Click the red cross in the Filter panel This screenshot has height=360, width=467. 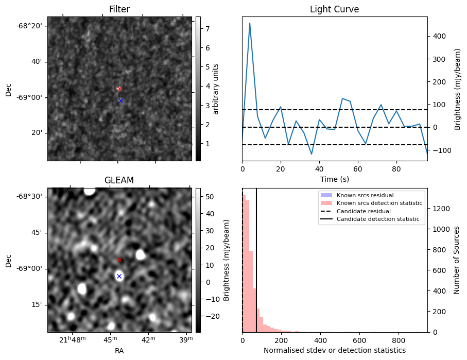point(119,89)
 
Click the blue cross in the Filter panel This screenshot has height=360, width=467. point(120,100)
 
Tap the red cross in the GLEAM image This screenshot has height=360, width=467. point(119,260)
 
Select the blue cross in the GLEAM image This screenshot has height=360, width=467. point(119,276)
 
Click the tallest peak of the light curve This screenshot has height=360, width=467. point(250,23)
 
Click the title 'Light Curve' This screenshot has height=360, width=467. point(334,9)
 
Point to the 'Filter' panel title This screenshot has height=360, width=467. point(119,9)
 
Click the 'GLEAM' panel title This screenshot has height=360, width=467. point(119,180)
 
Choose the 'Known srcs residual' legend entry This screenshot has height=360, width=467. point(365,195)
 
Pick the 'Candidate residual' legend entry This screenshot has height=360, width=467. point(364,211)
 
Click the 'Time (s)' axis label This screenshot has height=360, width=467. point(334,178)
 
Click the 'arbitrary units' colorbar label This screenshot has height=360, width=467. point(216,89)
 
